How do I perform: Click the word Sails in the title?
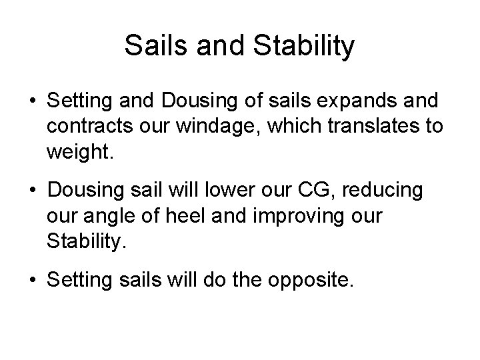coord(149,46)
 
